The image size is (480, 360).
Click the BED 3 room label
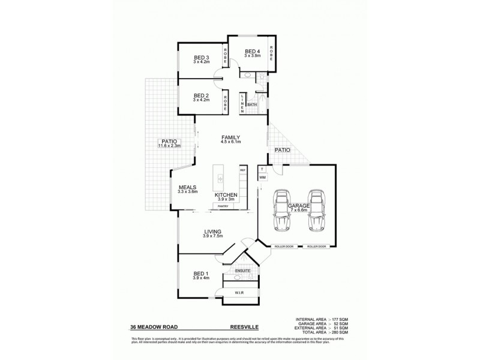(x=201, y=58)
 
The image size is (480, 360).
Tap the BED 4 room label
(x=252, y=52)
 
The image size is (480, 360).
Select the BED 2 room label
(x=201, y=95)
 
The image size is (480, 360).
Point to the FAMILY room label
(x=230, y=137)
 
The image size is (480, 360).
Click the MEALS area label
(x=188, y=187)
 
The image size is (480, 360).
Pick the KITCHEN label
(x=226, y=196)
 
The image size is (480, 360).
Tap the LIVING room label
(x=213, y=232)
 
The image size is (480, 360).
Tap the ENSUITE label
(x=242, y=271)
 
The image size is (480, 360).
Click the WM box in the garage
(x=263, y=178)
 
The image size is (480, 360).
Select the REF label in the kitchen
(x=243, y=170)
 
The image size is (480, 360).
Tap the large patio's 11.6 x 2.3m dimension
(x=169, y=146)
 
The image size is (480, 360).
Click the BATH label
(x=251, y=104)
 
